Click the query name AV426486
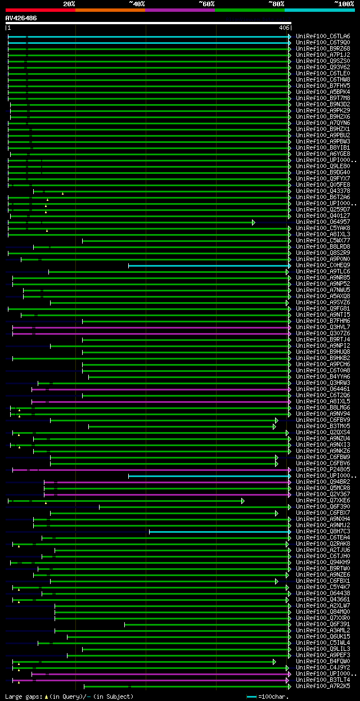[21, 18]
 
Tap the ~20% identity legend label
[69, 3]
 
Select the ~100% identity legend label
[344, 3]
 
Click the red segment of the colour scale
[40, 10]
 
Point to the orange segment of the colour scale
[110, 10]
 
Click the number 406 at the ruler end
[283, 28]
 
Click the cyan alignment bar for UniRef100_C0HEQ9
[208, 265]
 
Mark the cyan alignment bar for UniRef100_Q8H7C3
[219, 531]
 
